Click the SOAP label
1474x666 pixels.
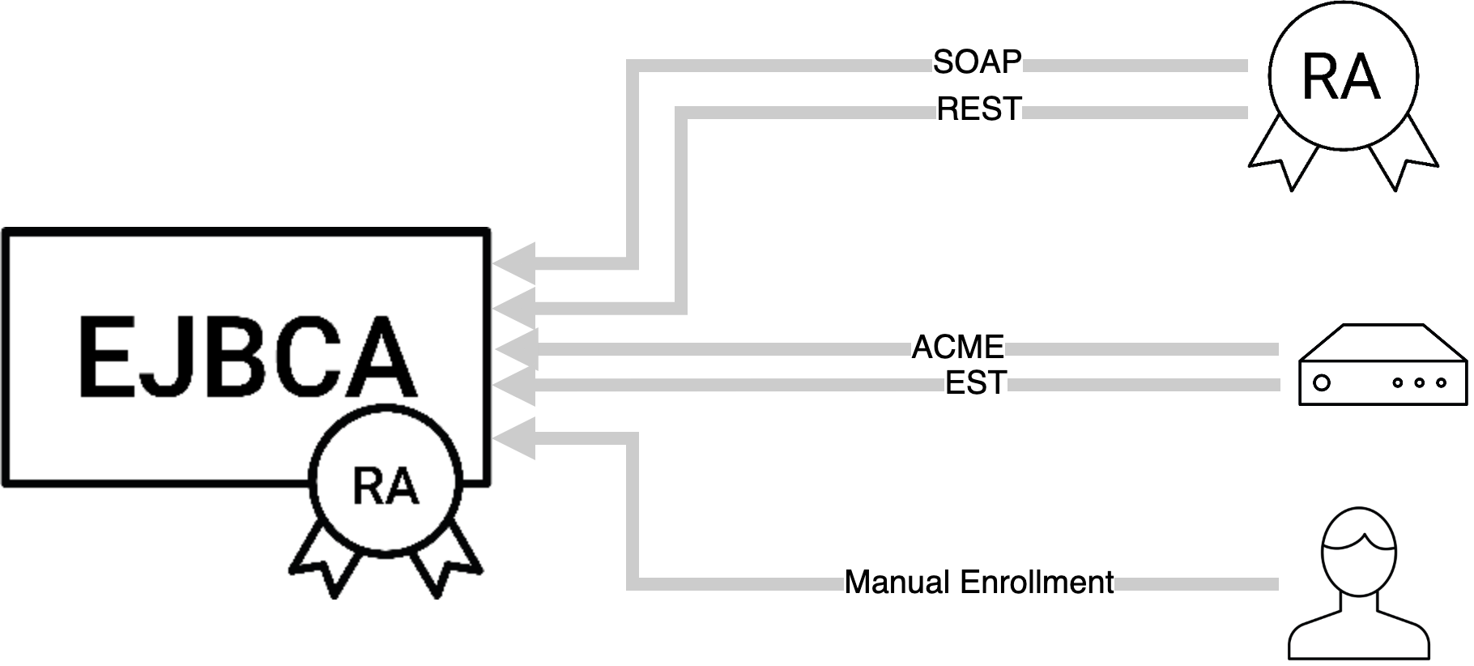click(977, 62)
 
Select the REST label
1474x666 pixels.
click(979, 109)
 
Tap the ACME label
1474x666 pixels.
click(958, 348)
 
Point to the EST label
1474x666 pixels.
click(976, 382)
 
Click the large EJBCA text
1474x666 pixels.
click(247, 357)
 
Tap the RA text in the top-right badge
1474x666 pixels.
click(1340, 79)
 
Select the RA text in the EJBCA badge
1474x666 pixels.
click(386, 487)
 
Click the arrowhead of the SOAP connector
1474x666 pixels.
click(515, 263)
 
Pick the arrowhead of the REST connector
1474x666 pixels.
click(515, 308)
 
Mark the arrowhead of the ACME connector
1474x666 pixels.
click(515, 349)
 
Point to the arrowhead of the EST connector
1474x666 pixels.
click(515, 385)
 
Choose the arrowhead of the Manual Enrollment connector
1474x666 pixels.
click(515, 438)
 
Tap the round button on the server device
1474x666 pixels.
click(1322, 382)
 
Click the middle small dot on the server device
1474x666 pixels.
click(1419, 382)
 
